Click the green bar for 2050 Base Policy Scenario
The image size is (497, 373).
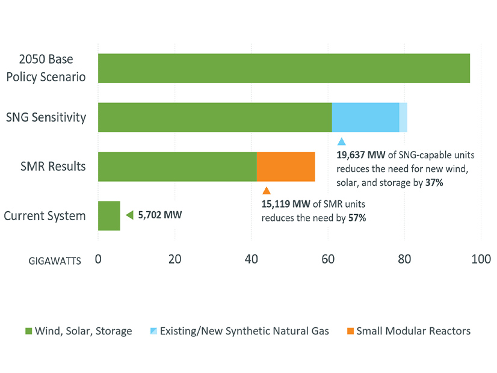pos(283,68)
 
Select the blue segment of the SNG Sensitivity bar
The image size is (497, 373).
pos(365,117)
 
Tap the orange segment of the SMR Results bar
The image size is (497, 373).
pos(286,167)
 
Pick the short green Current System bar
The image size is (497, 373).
pos(109,216)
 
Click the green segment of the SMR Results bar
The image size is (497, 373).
pos(177,167)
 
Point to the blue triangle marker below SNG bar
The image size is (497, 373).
pos(342,142)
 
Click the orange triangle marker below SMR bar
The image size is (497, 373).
pos(267,191)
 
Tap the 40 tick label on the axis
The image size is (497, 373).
pos(251,259)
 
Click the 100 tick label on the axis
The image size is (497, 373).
pos(480,259)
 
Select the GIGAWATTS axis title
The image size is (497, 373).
pos(55,261)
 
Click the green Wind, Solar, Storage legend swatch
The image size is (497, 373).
pos(29,331)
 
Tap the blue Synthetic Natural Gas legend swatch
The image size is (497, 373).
pos(153,331)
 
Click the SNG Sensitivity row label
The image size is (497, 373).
pos(46,117)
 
